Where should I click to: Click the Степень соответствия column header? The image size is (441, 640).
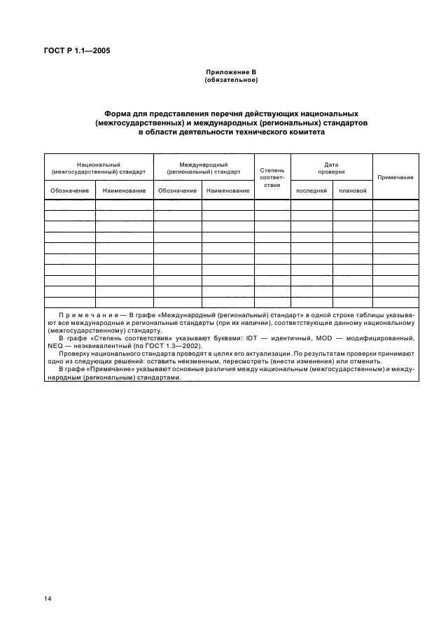click(272, 178)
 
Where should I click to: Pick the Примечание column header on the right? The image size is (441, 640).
click(395, 178)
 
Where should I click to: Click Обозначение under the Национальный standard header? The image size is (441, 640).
click(70, 190)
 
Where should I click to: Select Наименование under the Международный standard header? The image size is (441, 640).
click(228, 190)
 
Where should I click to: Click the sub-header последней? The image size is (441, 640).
click(311, 190)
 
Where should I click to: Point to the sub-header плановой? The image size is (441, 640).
click(352, 190)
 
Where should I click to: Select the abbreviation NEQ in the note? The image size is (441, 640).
click(54, 346)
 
